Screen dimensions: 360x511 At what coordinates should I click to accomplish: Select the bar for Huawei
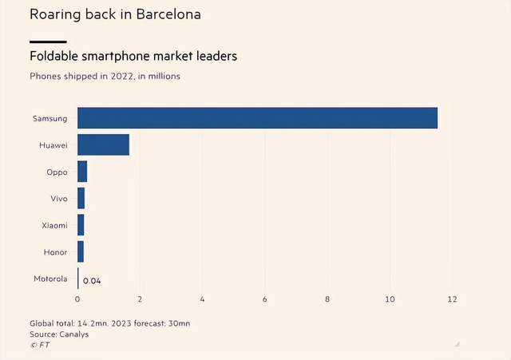(103, 144)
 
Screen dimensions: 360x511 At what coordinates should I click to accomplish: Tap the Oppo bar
(82, 172)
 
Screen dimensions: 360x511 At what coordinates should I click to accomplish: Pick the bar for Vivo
(81, 198)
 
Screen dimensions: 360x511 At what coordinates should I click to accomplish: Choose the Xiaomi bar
(81, 225)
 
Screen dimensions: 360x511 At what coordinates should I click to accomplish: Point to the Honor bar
(81, 251)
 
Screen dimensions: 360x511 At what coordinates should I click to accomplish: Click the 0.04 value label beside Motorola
(92, 280)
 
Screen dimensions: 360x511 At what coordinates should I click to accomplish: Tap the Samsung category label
(50, 118)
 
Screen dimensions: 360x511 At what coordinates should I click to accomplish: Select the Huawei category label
(53, 144)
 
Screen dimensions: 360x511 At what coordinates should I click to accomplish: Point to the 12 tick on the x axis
(453, 299)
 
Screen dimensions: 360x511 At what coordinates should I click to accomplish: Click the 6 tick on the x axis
(265, 299)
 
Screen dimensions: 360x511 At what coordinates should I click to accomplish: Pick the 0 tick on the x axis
(77, 299)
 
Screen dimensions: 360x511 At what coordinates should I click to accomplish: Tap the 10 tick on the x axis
(390, 299)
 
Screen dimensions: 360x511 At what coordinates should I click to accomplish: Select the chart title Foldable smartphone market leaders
(133, 57)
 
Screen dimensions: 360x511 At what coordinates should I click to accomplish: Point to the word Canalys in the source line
(73, 334)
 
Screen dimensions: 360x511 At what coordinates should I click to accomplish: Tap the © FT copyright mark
(39, 345)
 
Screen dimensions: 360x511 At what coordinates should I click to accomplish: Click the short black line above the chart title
(48, 41)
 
